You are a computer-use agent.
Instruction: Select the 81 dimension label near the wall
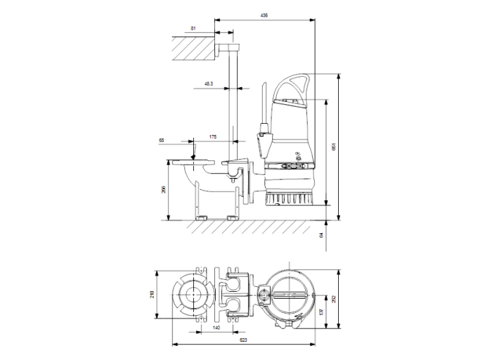point(193,29)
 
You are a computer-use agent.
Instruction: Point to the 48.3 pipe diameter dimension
point(209,84)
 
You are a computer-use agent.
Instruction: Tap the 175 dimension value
point(212,136)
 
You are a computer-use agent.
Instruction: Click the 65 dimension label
point(161,141)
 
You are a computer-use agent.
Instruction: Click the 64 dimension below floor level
point(323,236)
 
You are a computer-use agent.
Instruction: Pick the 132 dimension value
point(321,311)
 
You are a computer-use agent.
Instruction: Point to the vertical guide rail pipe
point(233,105)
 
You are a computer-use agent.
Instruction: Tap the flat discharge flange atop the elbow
point(192,162)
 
